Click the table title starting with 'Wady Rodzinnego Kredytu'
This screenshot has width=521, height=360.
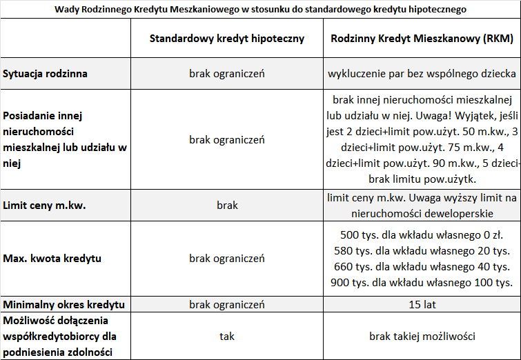[260, 10]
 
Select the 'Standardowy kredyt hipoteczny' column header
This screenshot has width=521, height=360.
[227, 39]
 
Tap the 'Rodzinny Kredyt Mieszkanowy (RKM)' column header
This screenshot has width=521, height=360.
[422, 39]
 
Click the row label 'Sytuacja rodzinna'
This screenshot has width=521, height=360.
[46, 73]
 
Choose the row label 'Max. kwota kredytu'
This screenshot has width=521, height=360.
[52, 259]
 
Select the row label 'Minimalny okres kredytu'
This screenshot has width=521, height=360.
[63, 304]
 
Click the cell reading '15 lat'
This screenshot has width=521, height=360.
[422, 304]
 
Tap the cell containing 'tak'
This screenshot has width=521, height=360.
[227, 337]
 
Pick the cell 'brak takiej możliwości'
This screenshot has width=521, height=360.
[422, 337]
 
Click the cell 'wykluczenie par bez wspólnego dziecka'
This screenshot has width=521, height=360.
[422, 73]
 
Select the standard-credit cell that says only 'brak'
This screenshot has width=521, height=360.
[227, 206]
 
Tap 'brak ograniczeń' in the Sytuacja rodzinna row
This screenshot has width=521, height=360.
[227, 73]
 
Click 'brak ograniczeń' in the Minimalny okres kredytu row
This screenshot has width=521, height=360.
[227, 304]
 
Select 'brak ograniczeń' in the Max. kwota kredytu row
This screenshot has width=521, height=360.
[227, 259]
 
